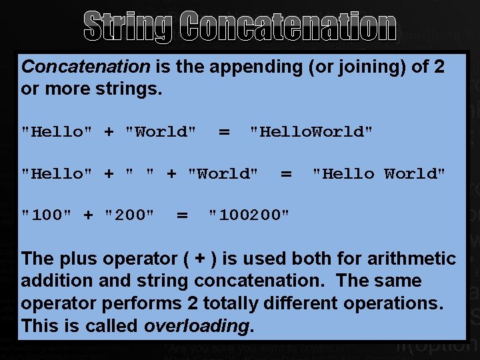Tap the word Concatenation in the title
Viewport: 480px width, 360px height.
tap(288, 26)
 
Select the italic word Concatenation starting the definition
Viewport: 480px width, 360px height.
tap(86, 66)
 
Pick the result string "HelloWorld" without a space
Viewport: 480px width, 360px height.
tap(311, 132)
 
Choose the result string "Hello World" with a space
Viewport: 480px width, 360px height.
tap(379, 174)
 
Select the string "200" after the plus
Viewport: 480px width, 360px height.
tap(130, 215)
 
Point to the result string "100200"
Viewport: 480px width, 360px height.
tap(249, 215)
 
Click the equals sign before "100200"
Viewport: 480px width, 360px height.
tap(181, 215)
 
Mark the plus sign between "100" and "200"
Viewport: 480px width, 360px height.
tap(88, 215)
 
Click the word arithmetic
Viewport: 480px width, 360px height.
tap(409, 259)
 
